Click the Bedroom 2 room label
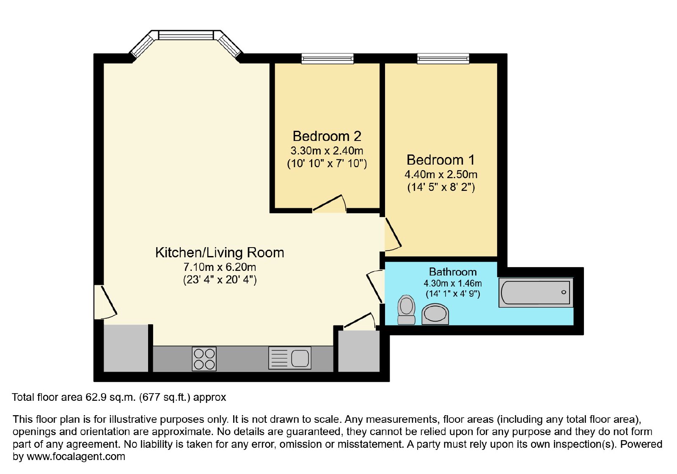tap(327, 136)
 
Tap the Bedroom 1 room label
tap(440, 160)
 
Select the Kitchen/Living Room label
tap(220, 253)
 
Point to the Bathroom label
tap(453, 272)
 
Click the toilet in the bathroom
tap(406, 310)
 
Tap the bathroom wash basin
tap(435, 314)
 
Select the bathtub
tap(536, 292)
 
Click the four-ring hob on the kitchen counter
tap(204, 359)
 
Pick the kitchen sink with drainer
tap(289, 358)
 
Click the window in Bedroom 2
tap(327, 58)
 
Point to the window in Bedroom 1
tap(443, 58)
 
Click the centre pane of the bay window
tap(187, 35)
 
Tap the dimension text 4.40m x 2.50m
tap(441, 174)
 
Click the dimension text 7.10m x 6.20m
tap(220, 267)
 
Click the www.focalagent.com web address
tap(76, 456)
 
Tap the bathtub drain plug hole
tap(564, 292)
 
